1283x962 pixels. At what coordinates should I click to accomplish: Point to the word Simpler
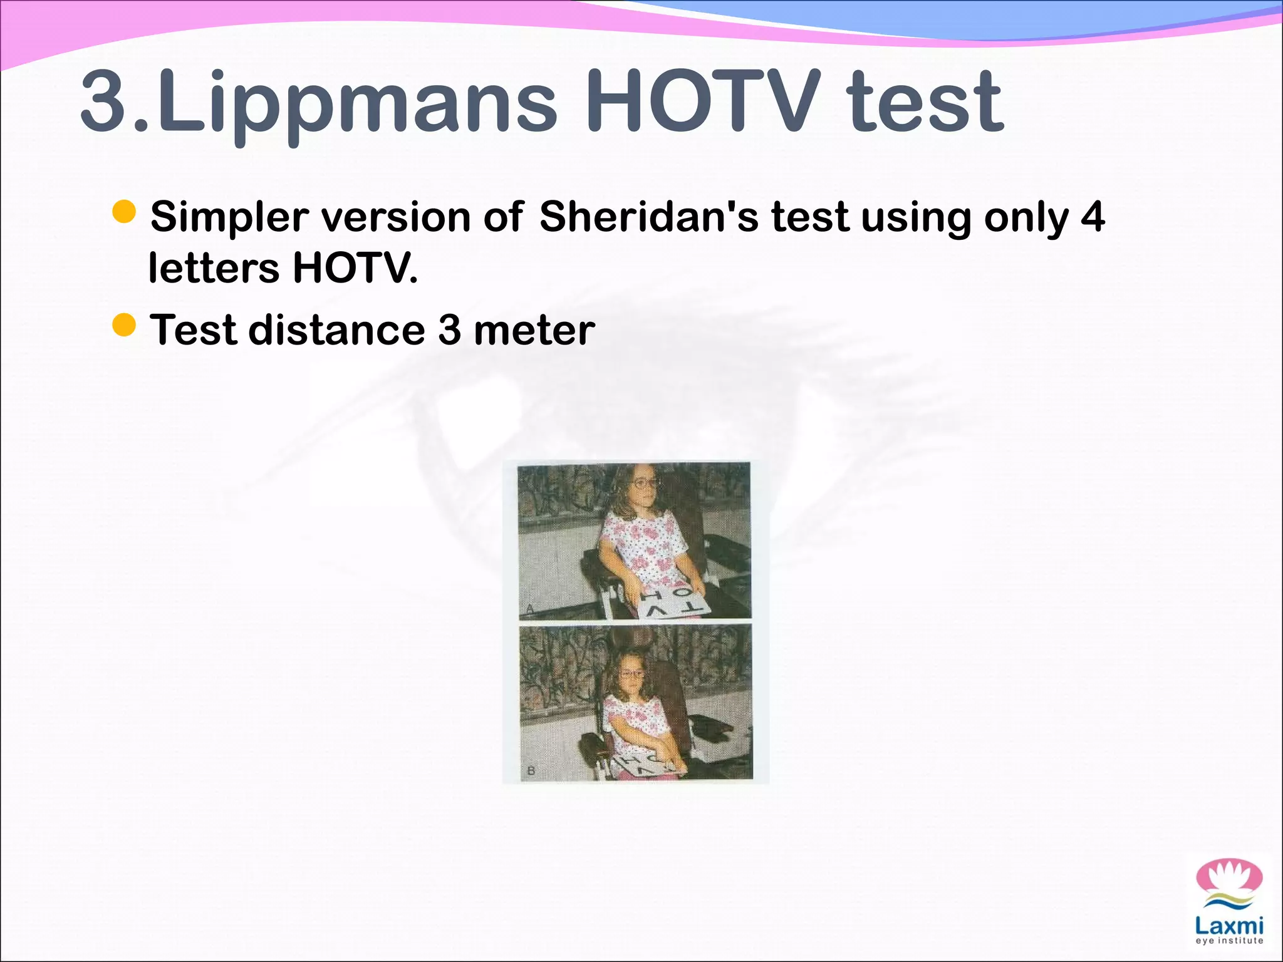click(229, 217)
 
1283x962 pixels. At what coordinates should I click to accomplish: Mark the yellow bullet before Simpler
click(124, 212)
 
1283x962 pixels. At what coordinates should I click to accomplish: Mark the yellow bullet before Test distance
click(124, 325)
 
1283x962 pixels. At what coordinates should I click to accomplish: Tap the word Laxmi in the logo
click(1228, 926)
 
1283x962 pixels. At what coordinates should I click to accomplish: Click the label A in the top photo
click(529, 608)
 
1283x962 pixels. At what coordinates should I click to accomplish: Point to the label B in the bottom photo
click(531, 770)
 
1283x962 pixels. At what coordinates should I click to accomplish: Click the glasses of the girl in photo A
click(644, 483)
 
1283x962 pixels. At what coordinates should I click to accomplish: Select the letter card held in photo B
click(648, 765)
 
